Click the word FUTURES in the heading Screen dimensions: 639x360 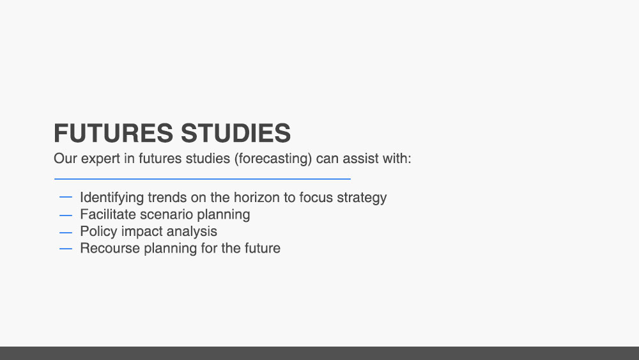click(x=114, y=133)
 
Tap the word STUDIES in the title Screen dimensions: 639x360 click(x=236, y=133)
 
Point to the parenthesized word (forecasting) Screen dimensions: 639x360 click(x=273, y=159)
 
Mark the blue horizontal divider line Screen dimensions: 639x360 click(x=203, y=178)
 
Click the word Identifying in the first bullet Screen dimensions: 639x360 click(x=112, y=198)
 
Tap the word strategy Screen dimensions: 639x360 click(x=362, y=198)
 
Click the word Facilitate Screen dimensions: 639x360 click(x=108, y=214)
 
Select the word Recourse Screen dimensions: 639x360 click(x=110, y=248)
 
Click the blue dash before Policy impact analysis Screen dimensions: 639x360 click(x=66, y=232)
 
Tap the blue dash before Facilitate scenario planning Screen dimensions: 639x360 click(x=66, y=215)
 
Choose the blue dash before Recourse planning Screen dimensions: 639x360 click(x=66, y=249)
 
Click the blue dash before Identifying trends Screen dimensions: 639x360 click(x=66, y=197)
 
